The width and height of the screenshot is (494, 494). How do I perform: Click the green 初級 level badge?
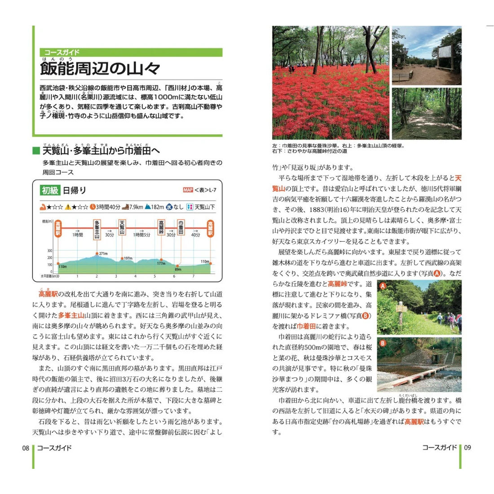(50, 190)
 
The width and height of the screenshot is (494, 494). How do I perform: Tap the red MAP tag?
(188, 190)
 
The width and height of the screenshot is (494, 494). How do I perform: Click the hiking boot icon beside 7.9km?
(125, 207)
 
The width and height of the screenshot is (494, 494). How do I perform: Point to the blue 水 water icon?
(169, 207)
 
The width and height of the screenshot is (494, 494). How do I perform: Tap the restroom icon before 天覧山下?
(190, 207)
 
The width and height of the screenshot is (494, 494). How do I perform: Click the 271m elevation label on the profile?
(103, 254)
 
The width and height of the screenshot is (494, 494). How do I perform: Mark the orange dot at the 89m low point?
(177, 266)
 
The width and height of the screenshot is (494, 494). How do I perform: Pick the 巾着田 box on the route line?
(181, 228)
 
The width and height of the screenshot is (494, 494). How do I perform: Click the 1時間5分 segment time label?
(141, 235)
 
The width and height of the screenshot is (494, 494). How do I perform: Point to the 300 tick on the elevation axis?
(49, 251)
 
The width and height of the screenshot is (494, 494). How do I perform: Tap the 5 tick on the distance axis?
(154, 276)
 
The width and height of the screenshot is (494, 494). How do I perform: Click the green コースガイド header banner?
(131, 53)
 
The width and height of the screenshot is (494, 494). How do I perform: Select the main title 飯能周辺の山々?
(100, 69)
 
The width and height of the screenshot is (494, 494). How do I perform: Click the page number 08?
(26, 448)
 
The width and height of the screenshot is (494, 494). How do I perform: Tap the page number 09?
(468, 448)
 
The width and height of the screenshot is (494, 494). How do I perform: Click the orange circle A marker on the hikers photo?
(383, 286)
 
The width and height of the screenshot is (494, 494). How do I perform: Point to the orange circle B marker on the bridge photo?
(383, 344)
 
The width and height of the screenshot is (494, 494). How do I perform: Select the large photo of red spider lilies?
(331, 82)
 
